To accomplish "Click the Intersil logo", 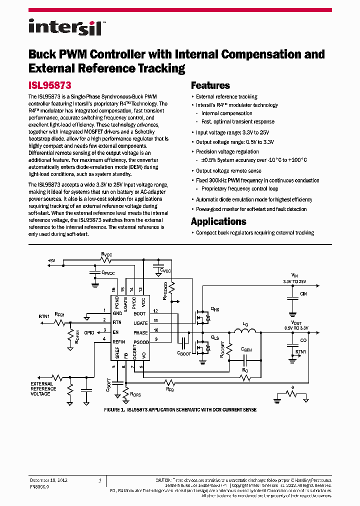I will click(65, 27).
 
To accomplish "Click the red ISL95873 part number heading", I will click(50, 85).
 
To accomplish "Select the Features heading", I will click(210, 85).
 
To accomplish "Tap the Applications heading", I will click(218, 221).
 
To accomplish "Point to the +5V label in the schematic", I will click(52, 260).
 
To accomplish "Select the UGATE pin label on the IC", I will click(140, 323).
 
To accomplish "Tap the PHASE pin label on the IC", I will click(140, 332).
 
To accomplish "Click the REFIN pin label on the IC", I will click(119, 342).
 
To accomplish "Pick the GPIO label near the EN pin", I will click(89, 332).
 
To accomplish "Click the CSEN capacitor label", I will click(246, 350).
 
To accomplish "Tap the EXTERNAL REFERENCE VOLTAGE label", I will click(43, 388).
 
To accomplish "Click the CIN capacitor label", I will click(303, 294).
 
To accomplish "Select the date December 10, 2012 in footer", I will click(48, 480).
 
